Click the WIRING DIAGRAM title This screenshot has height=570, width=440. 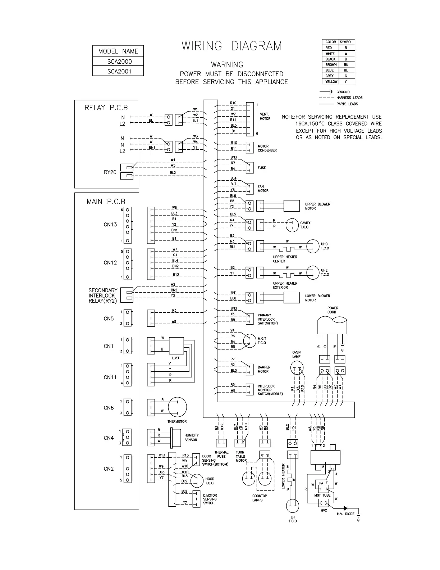tap(232, 46)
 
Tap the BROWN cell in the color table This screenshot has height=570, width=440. tap(331, 65)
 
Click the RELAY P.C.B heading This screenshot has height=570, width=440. tap(106, 108)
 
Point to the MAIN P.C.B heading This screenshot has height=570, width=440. tap(106, 202)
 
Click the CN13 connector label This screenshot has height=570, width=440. tap(110, 225)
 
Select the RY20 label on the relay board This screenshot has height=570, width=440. tap(110, 172)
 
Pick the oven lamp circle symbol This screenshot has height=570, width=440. tap(297, 368)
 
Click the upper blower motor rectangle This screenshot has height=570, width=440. tap(292, 206)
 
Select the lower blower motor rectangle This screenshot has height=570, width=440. tap(292, 298)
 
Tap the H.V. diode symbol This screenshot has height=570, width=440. tap(345, 508)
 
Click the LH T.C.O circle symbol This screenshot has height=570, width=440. tap(293, 506)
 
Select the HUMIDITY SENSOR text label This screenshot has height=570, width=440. tap(191, 438)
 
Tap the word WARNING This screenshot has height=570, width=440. tap(227, 65)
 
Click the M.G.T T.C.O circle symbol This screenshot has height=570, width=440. tap(249, 340)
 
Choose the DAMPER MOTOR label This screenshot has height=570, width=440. tap(264, 370)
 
